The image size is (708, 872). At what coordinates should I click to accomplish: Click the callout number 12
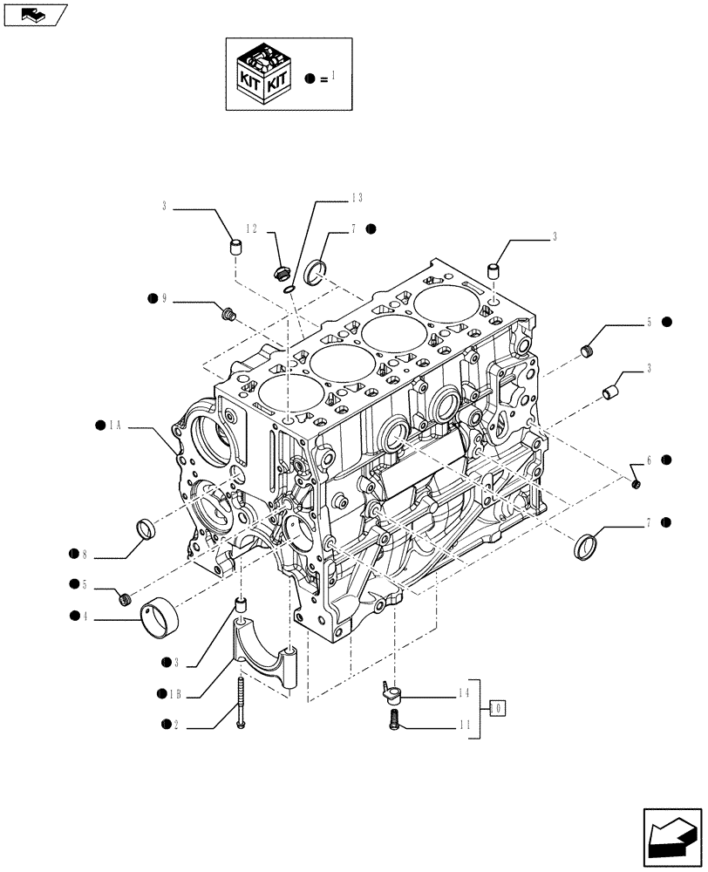tap(251, 229)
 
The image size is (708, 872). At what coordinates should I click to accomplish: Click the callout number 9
tap(163, 299)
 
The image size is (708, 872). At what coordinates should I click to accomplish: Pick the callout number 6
tap(649, 460)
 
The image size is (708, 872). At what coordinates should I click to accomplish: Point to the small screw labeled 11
tap(393, 720)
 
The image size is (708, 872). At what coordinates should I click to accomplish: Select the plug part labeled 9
tap(229, 312)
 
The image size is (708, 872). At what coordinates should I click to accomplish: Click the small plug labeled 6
tap(637, 483)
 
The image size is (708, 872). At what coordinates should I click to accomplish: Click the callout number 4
tap(85, 617)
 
